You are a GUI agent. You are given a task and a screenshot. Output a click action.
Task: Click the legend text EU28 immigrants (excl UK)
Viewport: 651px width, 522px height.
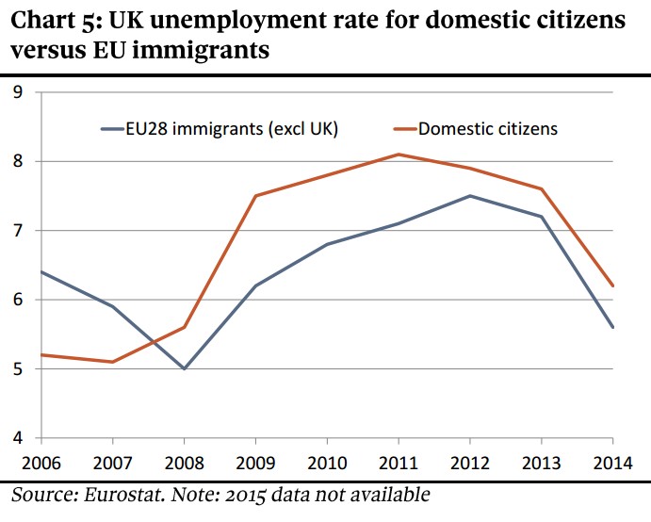[x=231, y=129]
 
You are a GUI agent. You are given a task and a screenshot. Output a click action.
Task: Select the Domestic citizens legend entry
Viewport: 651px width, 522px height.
[x=487, y=129]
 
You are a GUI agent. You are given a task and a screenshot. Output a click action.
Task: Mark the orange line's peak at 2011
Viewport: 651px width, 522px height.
[x=399, y=155]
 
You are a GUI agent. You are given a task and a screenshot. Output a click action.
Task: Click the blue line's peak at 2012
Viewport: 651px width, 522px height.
[x=469, y=196]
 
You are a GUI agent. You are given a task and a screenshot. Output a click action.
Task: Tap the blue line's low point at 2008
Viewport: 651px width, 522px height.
[x=184, y=368]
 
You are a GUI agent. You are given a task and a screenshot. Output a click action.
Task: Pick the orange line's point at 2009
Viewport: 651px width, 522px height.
[x=255, y=196]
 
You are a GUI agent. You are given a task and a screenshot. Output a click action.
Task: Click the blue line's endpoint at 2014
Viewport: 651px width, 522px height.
[x=612, y=327]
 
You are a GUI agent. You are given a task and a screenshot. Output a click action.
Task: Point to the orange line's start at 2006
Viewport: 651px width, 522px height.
[x=41, y=354]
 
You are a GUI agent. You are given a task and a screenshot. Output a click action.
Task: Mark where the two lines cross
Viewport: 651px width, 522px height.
[x=154, y=338]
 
